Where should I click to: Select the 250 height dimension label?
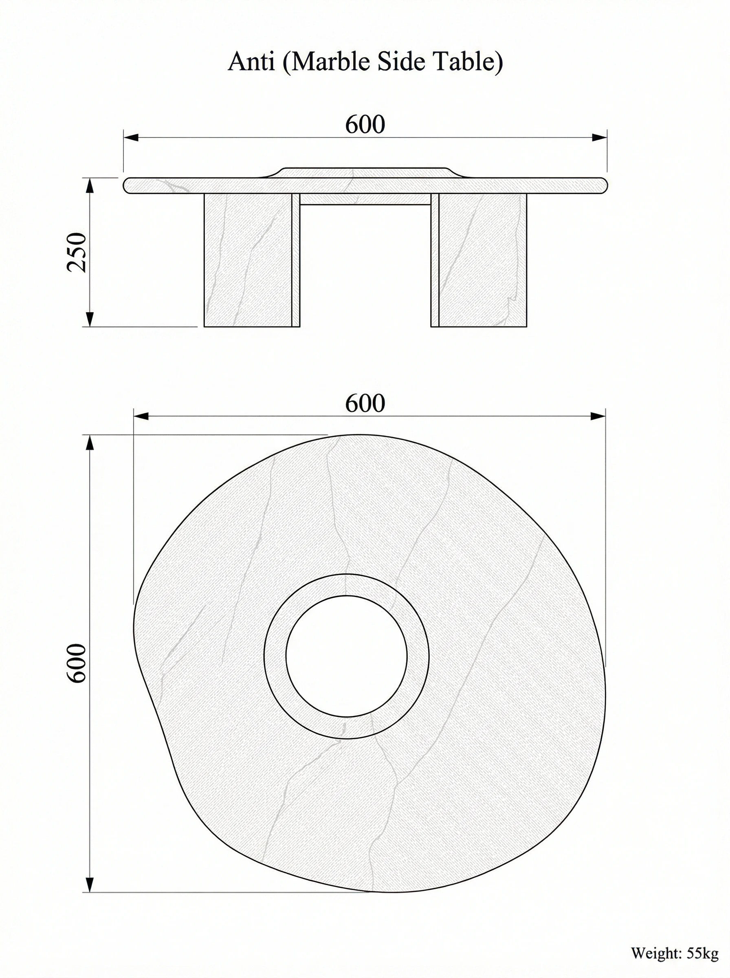77,252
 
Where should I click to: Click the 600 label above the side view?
365,125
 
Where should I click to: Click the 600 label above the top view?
365,403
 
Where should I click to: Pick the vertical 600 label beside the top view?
77,663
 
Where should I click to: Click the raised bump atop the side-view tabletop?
365,172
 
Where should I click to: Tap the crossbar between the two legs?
365,199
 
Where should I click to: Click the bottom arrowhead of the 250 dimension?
90,319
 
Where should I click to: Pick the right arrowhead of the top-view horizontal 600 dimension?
598,416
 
